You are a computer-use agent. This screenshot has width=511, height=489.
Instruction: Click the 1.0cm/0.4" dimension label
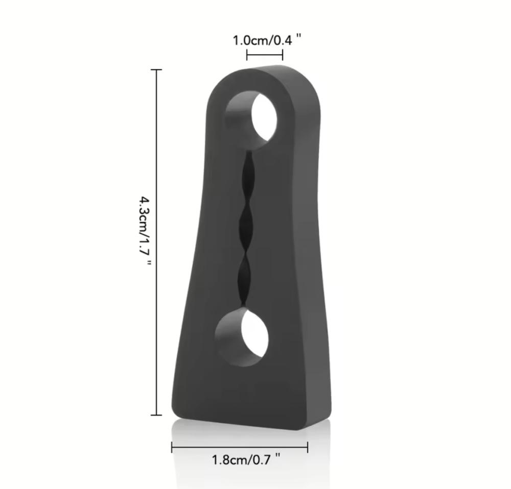click(x=267, y=40)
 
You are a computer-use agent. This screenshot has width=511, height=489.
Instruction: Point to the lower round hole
click(x=242, y=337)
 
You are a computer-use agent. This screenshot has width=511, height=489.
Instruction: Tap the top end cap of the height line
click(x=156, y=69)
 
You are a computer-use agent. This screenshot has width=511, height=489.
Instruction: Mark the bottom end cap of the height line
click(x=156, y=415)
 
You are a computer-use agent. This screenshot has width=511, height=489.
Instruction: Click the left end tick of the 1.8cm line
click(x=172, y=447)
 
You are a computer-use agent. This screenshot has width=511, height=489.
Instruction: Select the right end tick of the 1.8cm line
click(x=307, y=447)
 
